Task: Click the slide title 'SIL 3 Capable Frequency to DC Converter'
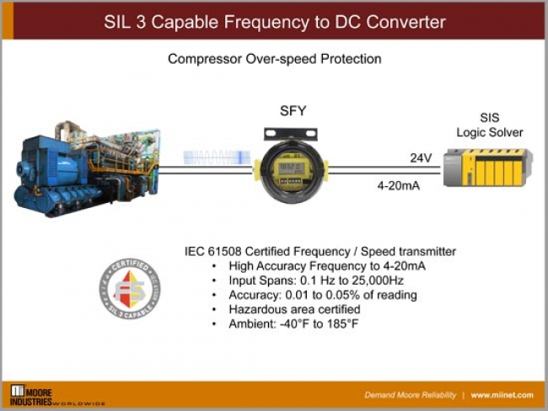[x=274, y=21]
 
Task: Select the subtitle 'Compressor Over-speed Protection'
[x=274, y=59]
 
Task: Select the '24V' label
[x=421, y=157]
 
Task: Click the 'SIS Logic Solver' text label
[x=489, y=125]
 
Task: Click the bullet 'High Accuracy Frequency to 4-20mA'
[x=327, y=266]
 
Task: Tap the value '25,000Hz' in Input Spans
[x=390, y=280]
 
